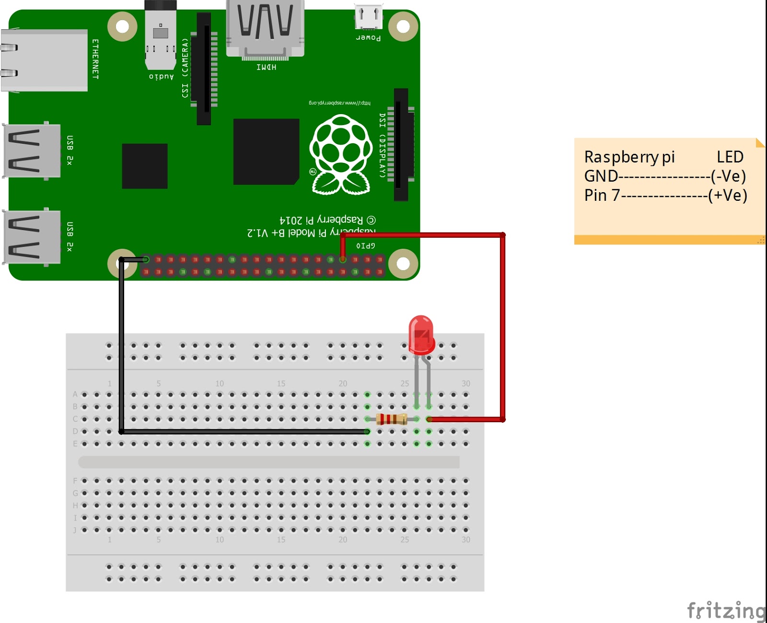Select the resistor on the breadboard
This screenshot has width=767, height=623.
pos(392,419)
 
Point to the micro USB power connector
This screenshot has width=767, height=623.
pos(369,17)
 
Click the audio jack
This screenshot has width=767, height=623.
pos(161,36)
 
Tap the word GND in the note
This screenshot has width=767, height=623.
pos(601,176)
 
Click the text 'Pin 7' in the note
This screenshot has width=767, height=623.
pos(602,196)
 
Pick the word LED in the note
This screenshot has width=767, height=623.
pos(730,157)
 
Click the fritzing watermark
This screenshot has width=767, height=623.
pos(726,611)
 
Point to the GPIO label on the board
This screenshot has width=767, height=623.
pos(365,246)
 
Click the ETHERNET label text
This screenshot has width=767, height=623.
pos(95,59)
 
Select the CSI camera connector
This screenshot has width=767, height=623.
pos(204,69)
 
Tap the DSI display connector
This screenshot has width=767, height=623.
pos(401,144)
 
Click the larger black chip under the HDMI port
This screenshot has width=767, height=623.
pos(266,151)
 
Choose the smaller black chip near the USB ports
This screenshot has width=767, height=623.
pos(145,166)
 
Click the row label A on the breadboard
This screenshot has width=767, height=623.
pos(75,394)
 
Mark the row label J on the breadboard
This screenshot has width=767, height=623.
pos(75,530)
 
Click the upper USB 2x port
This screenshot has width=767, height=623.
pos(32,150)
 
